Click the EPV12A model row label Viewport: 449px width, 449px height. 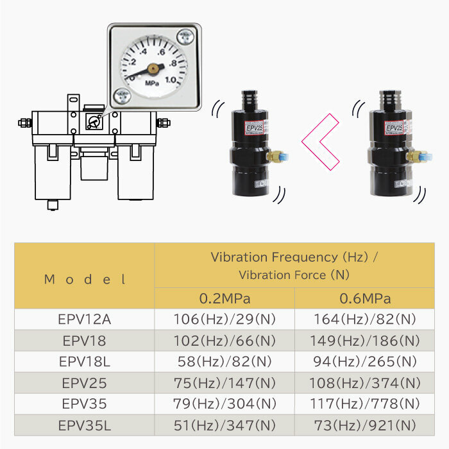tap(85, 319)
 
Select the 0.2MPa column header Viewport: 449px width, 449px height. tap(224, 299)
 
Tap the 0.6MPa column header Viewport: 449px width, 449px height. tap(365, 299)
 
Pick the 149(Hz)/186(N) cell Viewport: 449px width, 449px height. tap(365, 341)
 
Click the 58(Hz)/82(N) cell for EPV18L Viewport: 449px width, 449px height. tap(224, 362)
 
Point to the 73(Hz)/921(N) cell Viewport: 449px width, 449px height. tap(365, 425)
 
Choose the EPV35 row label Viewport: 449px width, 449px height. tap(85, 404)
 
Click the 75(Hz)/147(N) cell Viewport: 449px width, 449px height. tap(224, 383)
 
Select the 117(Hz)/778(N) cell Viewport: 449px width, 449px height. tap(365, 403)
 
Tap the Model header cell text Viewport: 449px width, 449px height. tap(85, 280)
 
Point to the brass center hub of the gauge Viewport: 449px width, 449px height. tap(153, 69)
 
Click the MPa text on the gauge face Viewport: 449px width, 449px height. tap(152, 83)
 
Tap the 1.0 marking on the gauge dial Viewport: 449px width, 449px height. tap(171, 80)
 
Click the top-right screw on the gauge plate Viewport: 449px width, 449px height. tap(185, 37)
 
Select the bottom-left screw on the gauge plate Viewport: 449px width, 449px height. tap(123, 96)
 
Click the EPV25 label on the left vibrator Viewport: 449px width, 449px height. tap(254, 128)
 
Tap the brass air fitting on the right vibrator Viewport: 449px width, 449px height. tap(414, 157)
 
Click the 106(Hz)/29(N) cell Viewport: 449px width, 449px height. tap(224, 319)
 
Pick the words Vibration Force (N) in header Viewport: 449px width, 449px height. tap(294, 275)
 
